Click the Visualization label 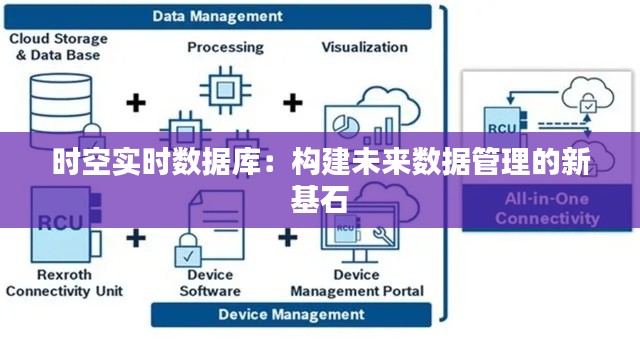(x=364, y=47)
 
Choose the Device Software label (x=210, y=282)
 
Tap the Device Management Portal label (x=357, y=282)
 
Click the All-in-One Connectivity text (x=545, y=209)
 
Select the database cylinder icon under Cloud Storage (x=57, y=100)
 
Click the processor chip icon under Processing (x=220, y=93)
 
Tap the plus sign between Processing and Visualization (x=292, y=101)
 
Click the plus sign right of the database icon (x=136, y=101)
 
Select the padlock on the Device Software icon (x=186, y=245)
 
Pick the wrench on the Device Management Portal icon (x=379, y=236)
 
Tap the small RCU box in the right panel (x=501, y=126)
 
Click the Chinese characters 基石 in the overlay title (x=319, y=199)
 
